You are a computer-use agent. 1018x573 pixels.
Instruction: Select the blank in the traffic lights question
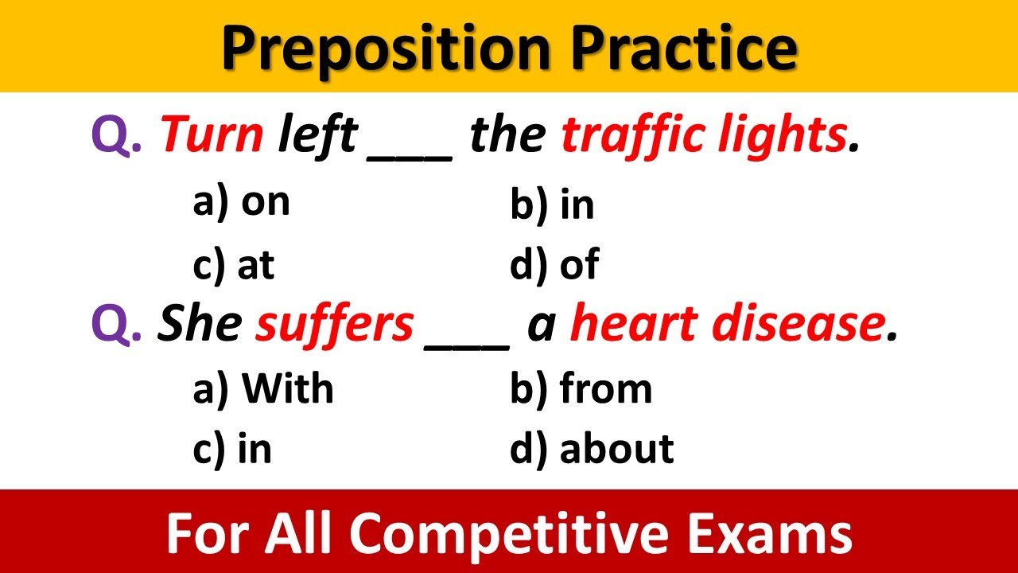(x=410, y=147)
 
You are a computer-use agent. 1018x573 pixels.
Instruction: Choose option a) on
(x=241, y=203)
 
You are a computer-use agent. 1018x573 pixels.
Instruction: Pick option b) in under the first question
(x=552, y=205)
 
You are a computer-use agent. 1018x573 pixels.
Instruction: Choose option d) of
(x=554, y=265)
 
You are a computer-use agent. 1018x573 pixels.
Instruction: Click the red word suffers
(x=334, y=325)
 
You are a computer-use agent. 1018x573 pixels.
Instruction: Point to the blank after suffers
(x=468, y=334)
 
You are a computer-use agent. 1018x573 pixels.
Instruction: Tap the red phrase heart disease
(x=727, y=325)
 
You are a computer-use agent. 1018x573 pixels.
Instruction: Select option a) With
(x=263, y=388)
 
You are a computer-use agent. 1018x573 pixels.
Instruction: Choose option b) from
(x=581, y=388)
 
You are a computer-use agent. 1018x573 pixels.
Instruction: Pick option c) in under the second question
(x=232, y=449)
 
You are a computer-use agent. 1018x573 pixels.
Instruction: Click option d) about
(x=592, y=449)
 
